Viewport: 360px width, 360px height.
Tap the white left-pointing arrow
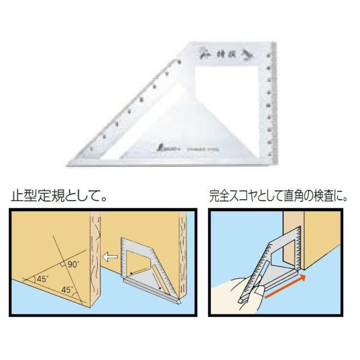[x=109, y=257]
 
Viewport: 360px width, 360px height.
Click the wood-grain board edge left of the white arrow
[x=94, y=258]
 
